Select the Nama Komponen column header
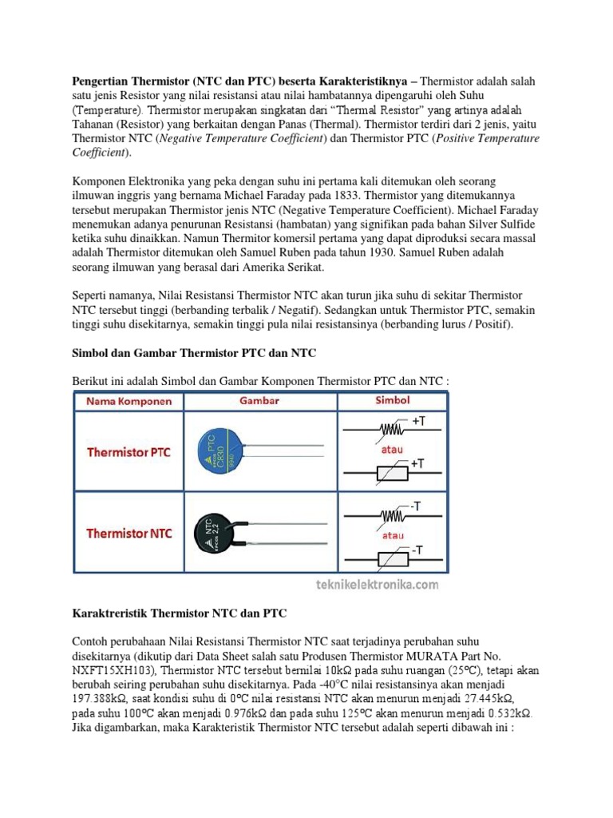[x=129, y=402]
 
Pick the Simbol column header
[x=394, y=401]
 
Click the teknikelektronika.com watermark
[x=375, y=586]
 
